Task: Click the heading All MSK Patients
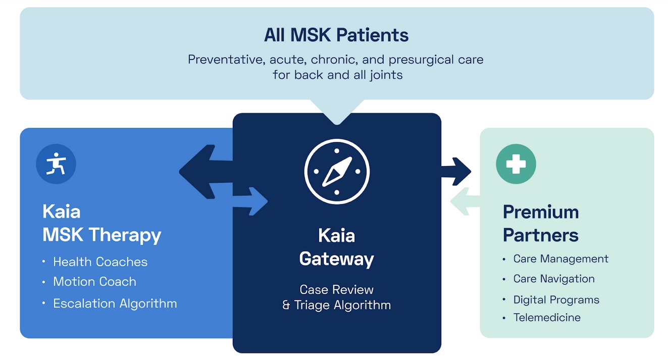pos(336,35)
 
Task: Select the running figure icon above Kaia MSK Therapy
pos(56,164)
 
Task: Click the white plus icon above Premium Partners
pos(516,164)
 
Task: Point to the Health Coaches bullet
pos(100,262)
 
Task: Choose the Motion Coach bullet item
pos(94,282)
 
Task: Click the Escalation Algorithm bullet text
pos(115,303)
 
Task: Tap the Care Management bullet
pos(560,259)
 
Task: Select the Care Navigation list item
pos(553,279)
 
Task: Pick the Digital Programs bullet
pos(556,300)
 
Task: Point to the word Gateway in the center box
pos(336,259)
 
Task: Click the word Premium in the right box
pos(540,212)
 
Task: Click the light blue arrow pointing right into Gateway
pos(255,201)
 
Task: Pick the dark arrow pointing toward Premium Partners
pos(457,171)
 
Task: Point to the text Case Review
pos(336,289)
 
